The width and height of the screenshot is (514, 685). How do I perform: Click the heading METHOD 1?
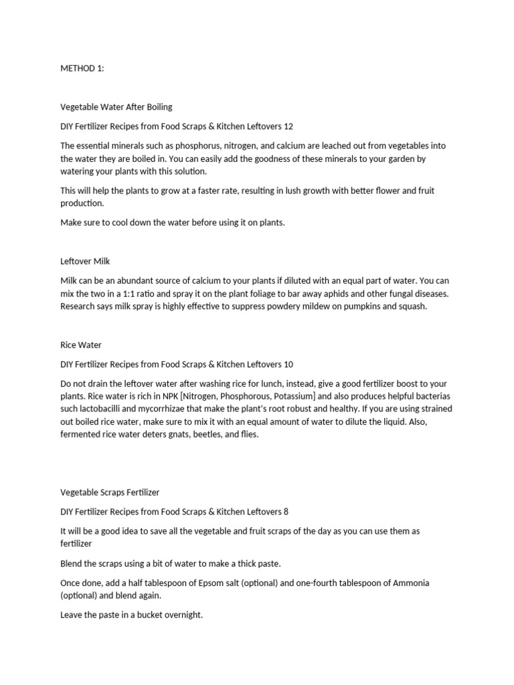(x=82, y=68)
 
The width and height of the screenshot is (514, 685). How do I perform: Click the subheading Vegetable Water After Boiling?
(x=116, y=106)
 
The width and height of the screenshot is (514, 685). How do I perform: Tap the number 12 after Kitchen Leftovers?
(x=288, y=126)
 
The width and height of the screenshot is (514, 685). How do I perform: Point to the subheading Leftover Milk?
(x=85, y=261)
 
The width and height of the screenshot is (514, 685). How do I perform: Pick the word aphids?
(x=318, y=294)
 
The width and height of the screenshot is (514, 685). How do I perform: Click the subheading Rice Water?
(x=81, y=345)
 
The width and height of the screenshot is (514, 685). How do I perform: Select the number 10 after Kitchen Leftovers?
(x=288, y=365)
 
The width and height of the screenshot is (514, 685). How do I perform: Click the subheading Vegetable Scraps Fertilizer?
(x=110, y=492)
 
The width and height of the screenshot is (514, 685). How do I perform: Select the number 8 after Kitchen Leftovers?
(x=286, y=512)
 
